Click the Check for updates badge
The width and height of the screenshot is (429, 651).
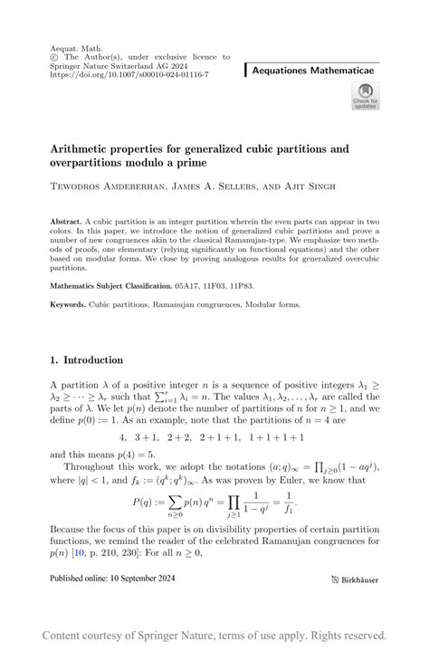366,96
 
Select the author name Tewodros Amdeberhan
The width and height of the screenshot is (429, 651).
106,187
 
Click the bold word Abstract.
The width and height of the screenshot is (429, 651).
65,221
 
